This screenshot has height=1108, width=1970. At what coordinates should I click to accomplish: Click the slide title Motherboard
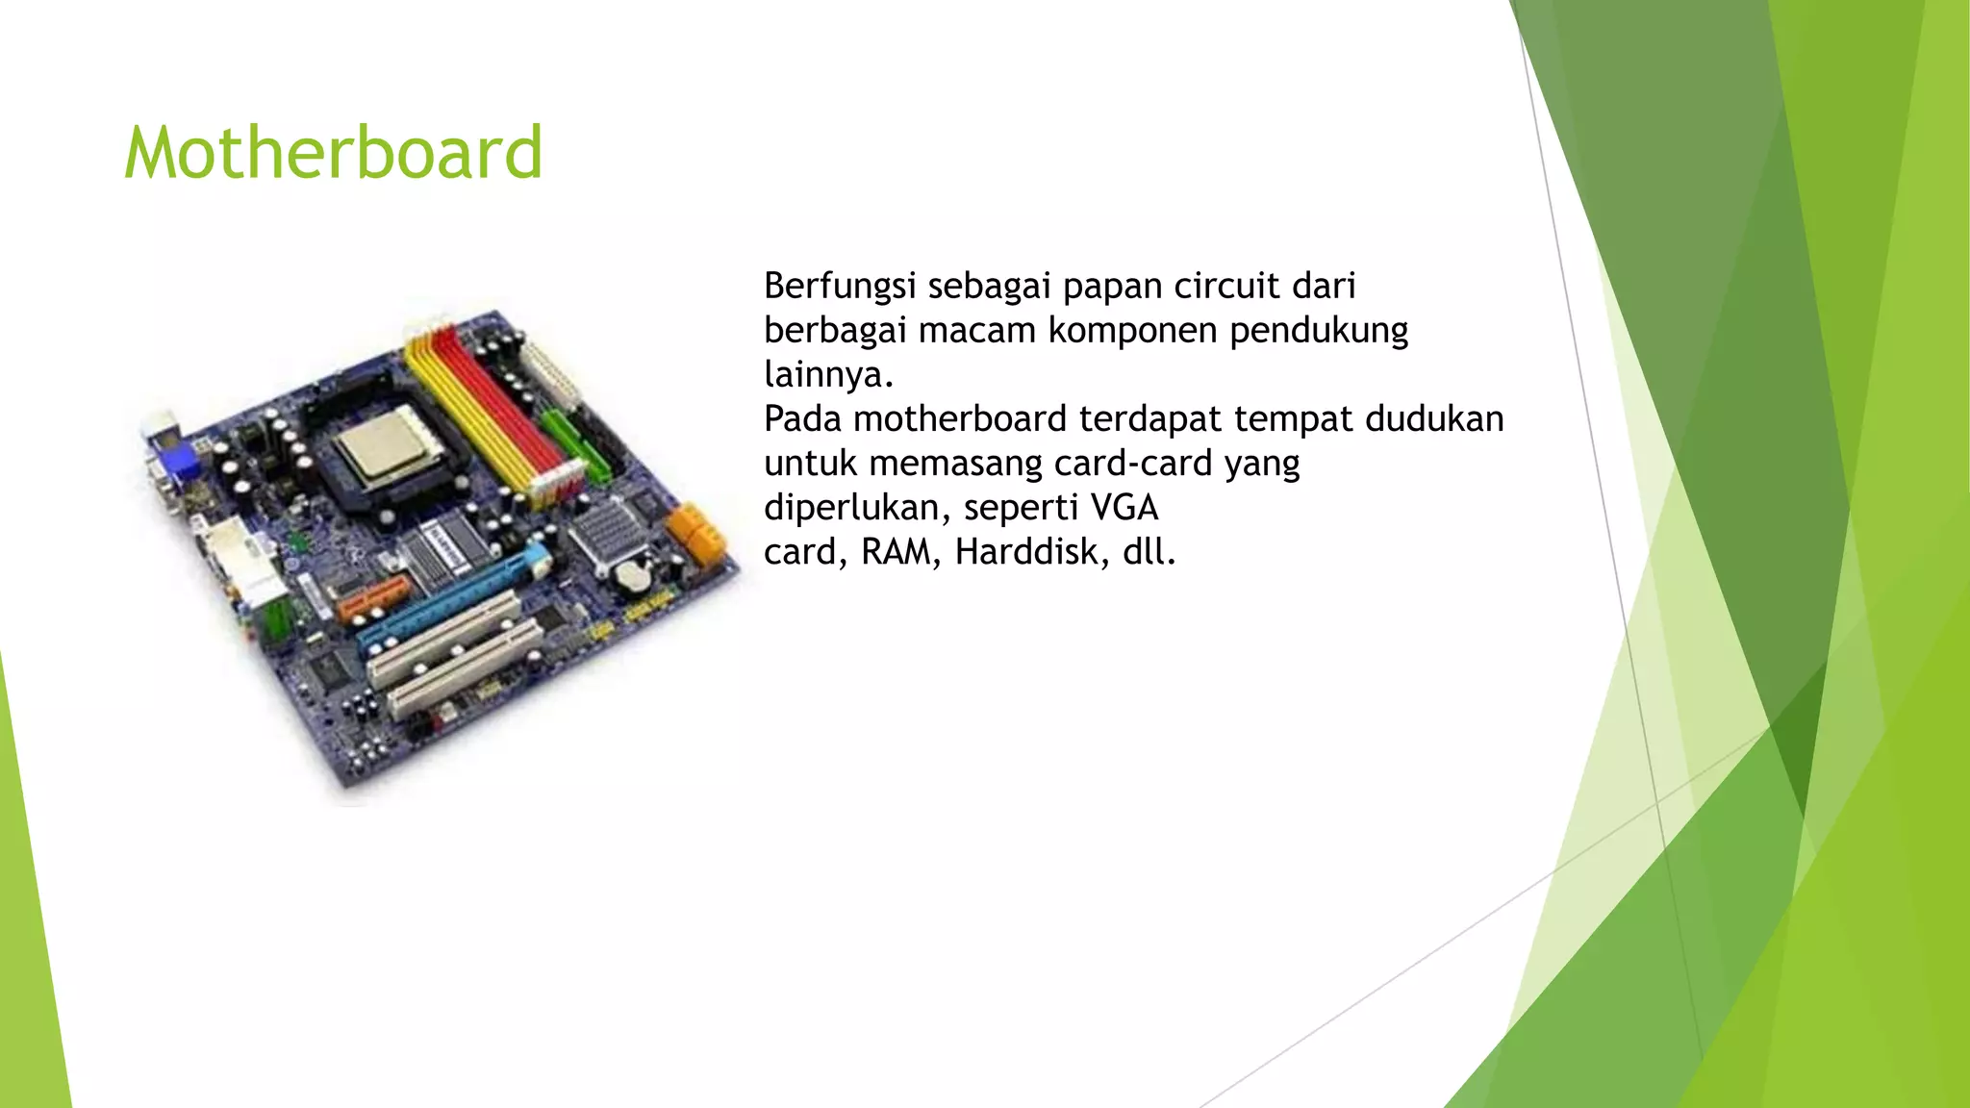pyautogui.click(x=333, y=153)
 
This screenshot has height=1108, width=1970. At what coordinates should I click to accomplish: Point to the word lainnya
pyautogui.click(x=828, y=374)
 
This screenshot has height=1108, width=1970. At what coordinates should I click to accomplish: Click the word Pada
pyautogui.click(x=802, y=418)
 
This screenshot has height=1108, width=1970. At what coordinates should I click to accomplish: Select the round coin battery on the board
pyautogui.click(x=632, y=576)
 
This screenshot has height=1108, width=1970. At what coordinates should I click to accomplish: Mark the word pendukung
pyautogui.click(x=1319, y=330)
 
